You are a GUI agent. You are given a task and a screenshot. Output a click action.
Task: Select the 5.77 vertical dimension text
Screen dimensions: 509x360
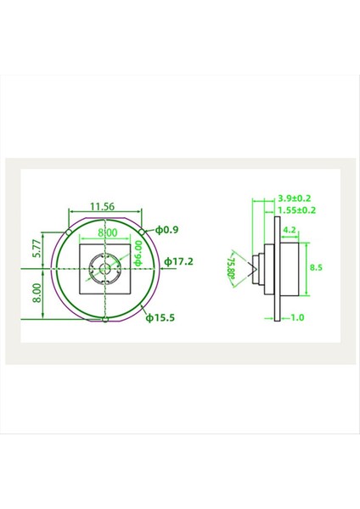pyautogui.click(x=37, y=248)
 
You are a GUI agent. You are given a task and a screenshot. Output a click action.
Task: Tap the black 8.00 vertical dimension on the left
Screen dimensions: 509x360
pyautogui.click(x=37, y=294)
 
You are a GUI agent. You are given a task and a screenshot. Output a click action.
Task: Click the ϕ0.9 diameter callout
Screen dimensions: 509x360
pyautogui.click(x=168, y=230)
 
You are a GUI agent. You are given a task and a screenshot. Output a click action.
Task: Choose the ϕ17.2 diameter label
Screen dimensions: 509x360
pyautogui.click(x=179, y=261)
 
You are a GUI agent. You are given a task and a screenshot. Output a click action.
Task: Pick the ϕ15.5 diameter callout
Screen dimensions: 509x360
pyautogui.click(x=160, y=317)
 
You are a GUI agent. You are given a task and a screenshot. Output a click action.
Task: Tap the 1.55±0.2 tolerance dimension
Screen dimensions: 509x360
pyautogui.click(x=298, y=210)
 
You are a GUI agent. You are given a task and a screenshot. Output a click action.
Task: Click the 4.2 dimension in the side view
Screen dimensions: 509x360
pyautogui.click(x=289, y=229)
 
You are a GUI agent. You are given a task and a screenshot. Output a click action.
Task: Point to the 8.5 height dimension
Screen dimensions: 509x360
pyautogui.click(x=316, y=267)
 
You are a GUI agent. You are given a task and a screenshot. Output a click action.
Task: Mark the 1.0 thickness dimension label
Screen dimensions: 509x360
pyautogui.click(x=296, y=318)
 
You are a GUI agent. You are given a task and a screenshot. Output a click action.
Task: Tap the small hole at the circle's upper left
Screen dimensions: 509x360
pyautogui.click(x=67, y=231)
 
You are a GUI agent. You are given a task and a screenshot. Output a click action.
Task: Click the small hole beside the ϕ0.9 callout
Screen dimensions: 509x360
pyautogui.click(x=140, y=231)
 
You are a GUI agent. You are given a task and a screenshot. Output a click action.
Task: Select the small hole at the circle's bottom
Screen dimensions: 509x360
pyautogui.click(x=104, y=319)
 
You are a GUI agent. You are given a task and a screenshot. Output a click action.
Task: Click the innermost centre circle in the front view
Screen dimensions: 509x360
pyautogui.click(x=104, y=270)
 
